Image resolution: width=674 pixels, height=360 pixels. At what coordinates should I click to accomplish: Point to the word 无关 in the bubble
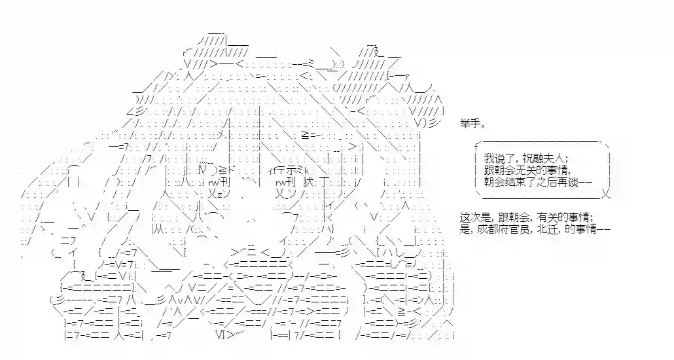[x=524, y=170]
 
